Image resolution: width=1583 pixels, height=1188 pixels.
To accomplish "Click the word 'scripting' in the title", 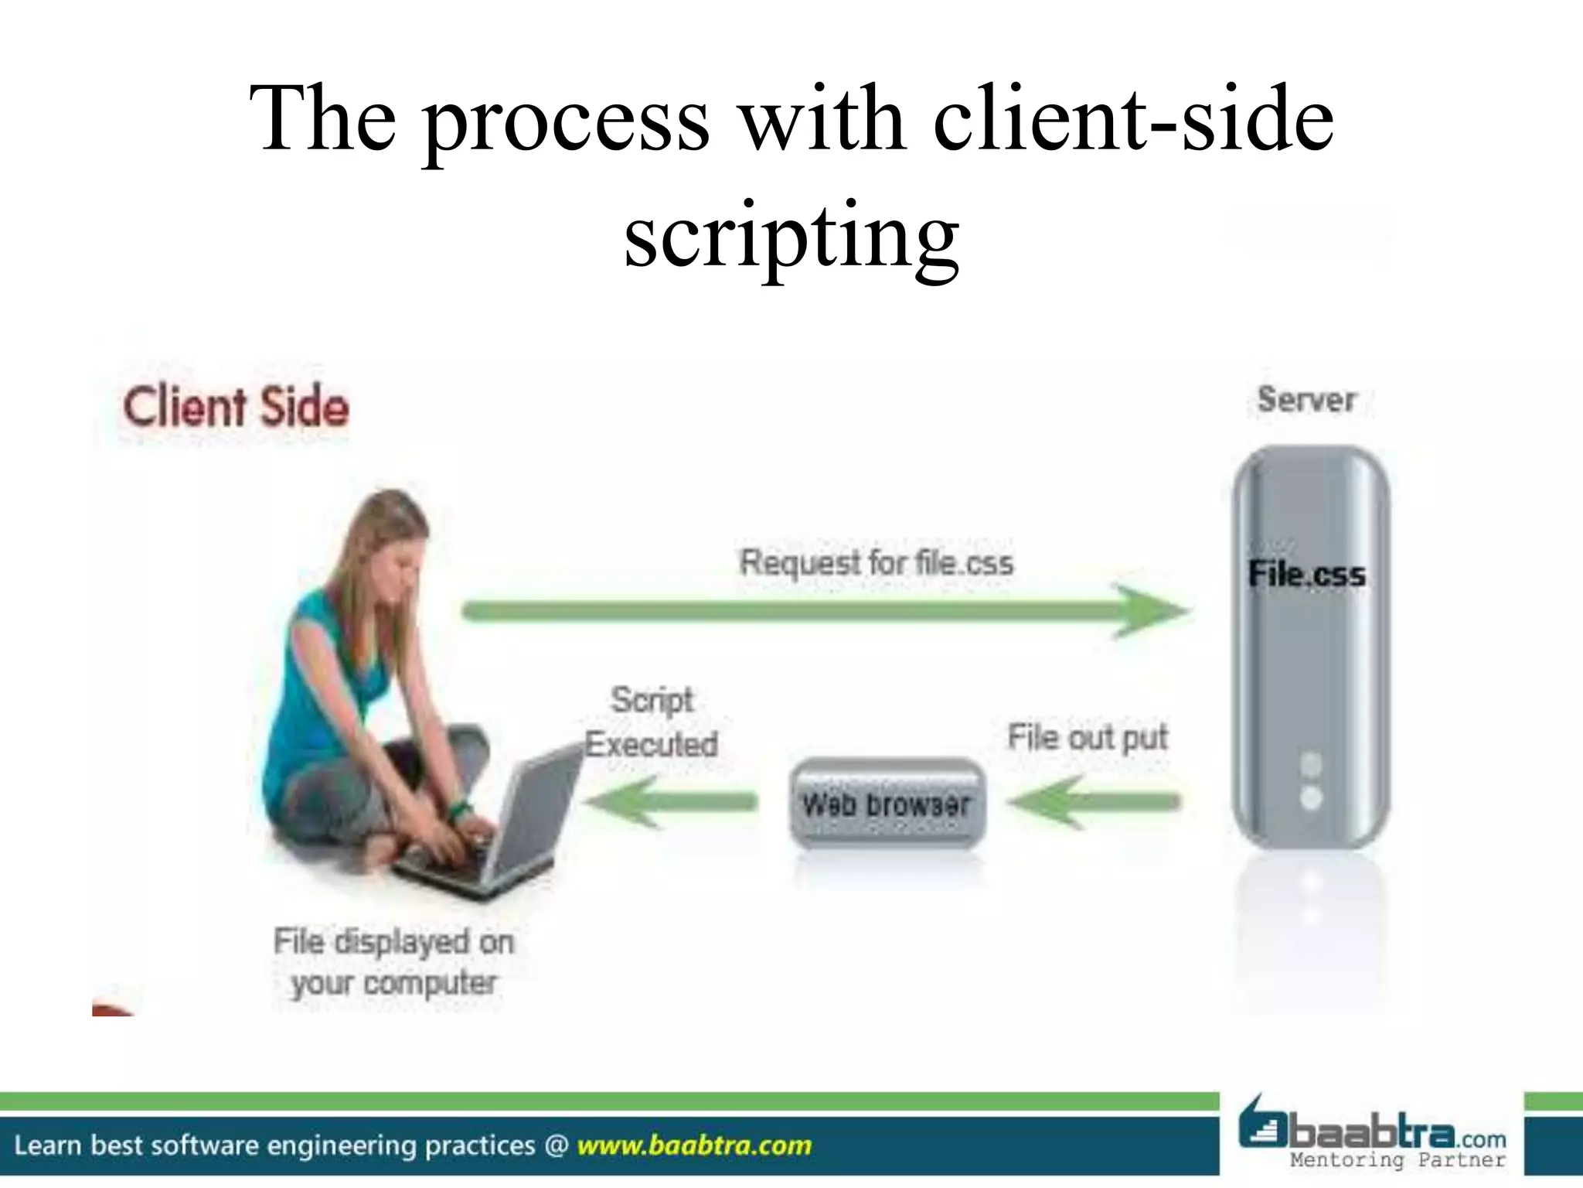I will tap(791, 232).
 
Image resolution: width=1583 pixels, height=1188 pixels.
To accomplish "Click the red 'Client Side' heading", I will tap(236, 408).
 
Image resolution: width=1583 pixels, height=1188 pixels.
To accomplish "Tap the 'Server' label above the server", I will tap(1306, 400).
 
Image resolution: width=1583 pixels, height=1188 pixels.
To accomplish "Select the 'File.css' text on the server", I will tap(1307, 575).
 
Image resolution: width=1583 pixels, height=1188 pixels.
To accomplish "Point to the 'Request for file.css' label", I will tap(876, 562).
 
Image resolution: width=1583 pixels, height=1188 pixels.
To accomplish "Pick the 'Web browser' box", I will tap(887, 804).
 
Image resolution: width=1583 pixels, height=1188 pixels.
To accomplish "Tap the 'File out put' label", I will tap(1087, 737).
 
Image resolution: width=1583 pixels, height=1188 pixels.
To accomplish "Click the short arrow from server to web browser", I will tap(1094, 802).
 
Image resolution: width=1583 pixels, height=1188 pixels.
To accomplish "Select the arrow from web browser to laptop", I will tap(669, 802).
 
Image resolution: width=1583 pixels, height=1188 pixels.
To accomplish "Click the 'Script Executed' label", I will tap(652, 722).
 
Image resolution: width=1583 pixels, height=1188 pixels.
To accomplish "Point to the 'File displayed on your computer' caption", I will tap(393, 962).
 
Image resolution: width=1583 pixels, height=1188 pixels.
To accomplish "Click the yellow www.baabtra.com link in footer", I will tap(694, 1145).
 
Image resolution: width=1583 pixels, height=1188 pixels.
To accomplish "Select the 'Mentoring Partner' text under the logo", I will tap(1397, 1160).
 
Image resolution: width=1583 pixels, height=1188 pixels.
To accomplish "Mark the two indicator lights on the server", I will tap(1311, 781).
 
